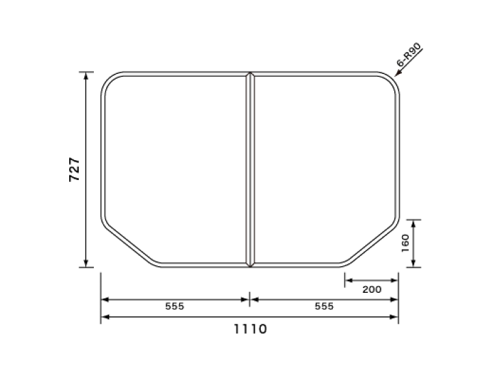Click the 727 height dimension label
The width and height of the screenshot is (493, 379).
tap(75, 170)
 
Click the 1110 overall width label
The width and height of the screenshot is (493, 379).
tap(251, 329)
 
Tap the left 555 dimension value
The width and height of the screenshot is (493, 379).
tap(175, 306)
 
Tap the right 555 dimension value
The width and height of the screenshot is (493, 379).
tap(324, 306)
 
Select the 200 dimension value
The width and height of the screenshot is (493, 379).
tap(372, 289)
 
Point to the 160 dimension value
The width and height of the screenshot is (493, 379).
tap(405, 243)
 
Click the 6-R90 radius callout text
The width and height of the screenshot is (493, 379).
tap(409, 55)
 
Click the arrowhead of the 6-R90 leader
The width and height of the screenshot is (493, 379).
tap(397, 74)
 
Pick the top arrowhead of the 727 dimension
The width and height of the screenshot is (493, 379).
tap(86, 75)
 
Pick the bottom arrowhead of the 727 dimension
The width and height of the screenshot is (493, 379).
tap(86, 264)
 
